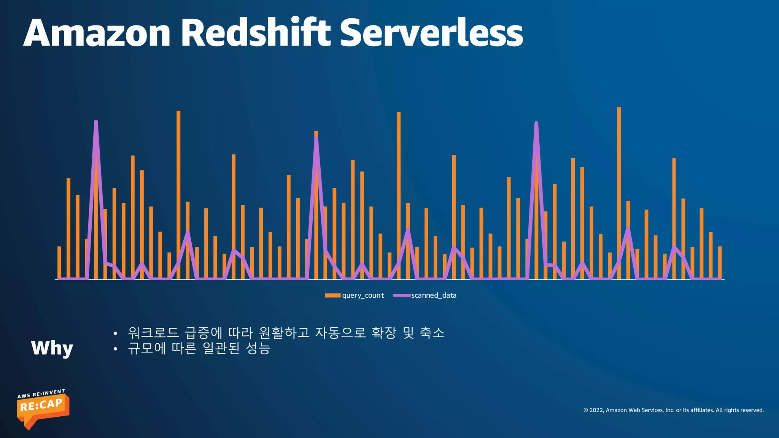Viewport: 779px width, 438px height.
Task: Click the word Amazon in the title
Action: pos(97,33)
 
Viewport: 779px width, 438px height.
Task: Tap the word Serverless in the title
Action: pos(431,33)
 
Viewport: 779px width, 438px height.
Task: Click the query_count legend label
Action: pos(363,295)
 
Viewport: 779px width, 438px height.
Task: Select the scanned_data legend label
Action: pos(434,295)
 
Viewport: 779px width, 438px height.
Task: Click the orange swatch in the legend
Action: pos(332,295)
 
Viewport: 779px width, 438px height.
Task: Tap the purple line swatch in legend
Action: pos(402,295)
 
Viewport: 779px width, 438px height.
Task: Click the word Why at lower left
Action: pos(52,348)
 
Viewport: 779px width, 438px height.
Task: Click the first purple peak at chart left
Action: pos(96,123)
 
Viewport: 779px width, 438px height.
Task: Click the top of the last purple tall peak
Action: pos(536,124)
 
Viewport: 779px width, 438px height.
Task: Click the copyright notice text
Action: pos(673,410)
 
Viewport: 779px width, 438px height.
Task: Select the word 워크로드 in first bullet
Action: pos(153,333)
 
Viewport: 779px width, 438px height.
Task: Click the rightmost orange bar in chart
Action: pos(720,262)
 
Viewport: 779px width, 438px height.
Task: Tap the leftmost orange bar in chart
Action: pos(59,262)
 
